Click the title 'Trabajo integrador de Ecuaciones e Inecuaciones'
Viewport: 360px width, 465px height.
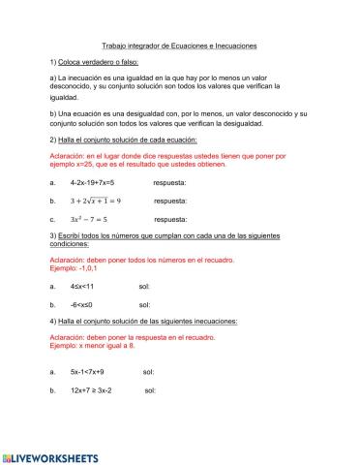pos(179,46)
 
